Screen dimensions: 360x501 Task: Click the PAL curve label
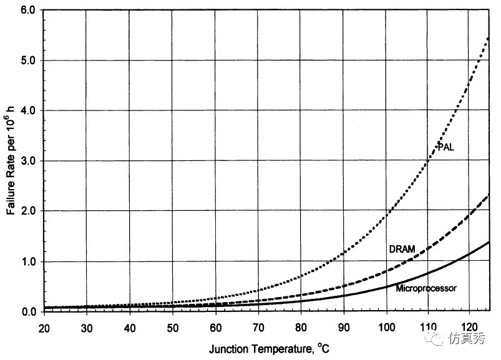coord(445,147)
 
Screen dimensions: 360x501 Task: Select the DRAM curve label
coord(402,249)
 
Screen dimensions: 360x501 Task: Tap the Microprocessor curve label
coord(427,288)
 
